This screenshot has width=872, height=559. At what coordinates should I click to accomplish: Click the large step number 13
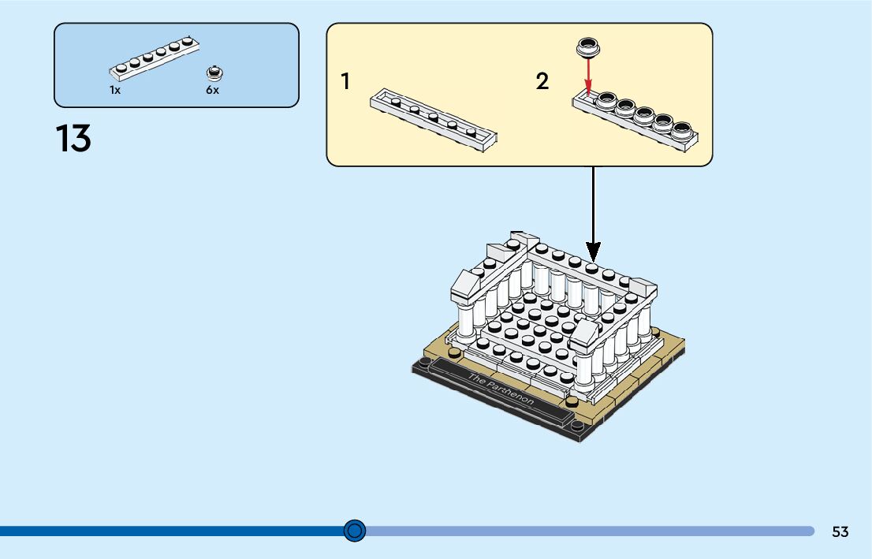pyautogui.click(x=73, y=139)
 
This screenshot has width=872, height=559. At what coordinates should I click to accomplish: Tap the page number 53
pyautogui.click(x=840, y=532)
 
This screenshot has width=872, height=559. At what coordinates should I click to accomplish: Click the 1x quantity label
pyautogui.click(x=115, y=90)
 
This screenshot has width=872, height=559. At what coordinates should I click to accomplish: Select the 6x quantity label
pyautogui.click(x=213, y=90)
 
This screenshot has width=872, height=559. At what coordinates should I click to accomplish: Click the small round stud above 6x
pyautogui.click(x=213, y=74)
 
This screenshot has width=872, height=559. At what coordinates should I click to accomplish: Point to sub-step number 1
pyautogui.click(x=345, y=81)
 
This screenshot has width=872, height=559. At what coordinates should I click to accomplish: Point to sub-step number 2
pyautogui.click(x=542, y=81)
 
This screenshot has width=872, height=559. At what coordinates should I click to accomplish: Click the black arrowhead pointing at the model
pyautogui.click(x=593, y=252)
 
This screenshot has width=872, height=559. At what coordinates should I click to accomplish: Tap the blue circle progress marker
pyautogui.click(x=356, y=531)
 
